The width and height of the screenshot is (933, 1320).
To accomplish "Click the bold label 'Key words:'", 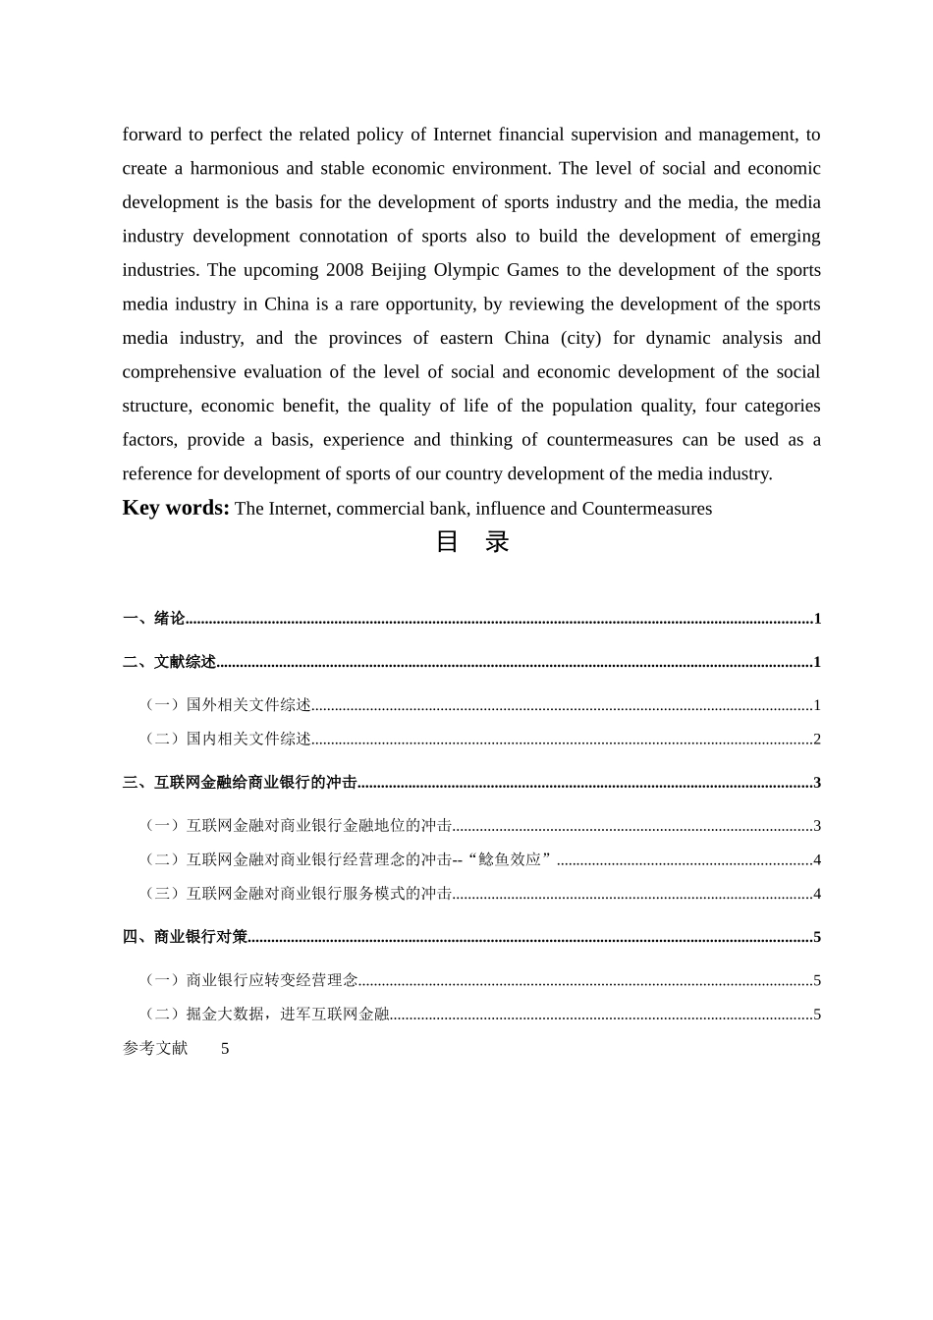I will [176, 508].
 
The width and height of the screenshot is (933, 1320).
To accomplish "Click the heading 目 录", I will [471, 542].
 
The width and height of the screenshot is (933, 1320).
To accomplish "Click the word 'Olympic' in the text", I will [469, 270].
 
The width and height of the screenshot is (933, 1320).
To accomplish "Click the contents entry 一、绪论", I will [154, 618].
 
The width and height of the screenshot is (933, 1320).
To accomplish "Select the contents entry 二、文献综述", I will [170, 662].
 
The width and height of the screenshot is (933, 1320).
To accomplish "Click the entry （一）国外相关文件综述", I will [228, 705].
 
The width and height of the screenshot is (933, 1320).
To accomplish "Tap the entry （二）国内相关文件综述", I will [228, 739].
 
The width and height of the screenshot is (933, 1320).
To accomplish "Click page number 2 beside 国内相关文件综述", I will [817, 739].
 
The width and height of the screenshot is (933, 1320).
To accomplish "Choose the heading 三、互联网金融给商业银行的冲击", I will [241, 783].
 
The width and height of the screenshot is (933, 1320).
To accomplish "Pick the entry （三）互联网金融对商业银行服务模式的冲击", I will [299, 894].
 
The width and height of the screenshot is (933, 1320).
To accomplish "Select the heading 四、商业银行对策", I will [186, 937].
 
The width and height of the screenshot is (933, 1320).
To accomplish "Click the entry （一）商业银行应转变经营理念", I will [251, 980].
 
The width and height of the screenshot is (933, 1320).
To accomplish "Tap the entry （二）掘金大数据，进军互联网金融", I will [267, 1015].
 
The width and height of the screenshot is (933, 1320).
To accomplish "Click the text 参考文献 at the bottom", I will [155, 1048].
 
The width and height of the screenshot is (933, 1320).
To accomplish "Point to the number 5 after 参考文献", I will [225, 1049].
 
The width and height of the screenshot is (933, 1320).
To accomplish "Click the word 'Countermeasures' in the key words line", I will [647, 509].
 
